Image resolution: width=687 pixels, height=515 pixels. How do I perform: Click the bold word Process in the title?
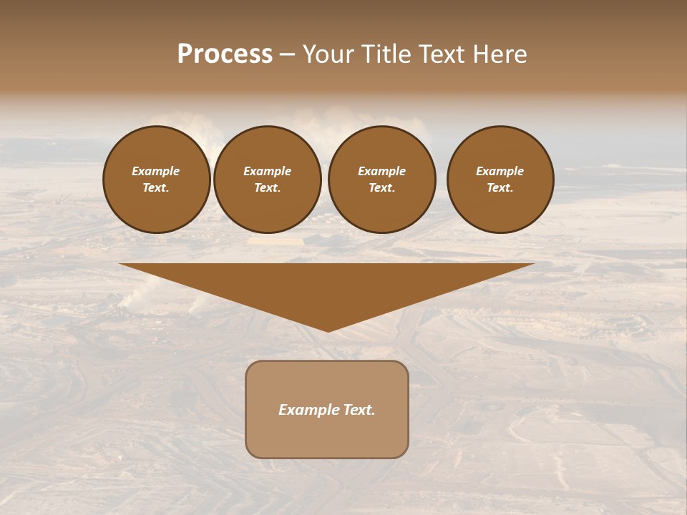(x=225, y=54)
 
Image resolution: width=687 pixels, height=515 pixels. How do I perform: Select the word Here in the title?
(x=499, y=54)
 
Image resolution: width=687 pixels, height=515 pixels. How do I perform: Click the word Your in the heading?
(x=327, y=54)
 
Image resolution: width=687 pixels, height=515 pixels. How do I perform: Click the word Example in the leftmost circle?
(x=156, y=171)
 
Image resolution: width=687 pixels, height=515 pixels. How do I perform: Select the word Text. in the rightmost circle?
(x=500, y=188)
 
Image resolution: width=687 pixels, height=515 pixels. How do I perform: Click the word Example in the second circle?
(x=268, y=171)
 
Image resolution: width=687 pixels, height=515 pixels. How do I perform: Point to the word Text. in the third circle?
(x=381, y=188)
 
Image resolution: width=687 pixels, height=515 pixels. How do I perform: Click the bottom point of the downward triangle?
(x=328, y=330)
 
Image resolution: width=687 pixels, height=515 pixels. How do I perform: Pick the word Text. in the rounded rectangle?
(x=359, y=410)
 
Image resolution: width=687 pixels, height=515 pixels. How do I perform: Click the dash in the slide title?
(x=288, y=54)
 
